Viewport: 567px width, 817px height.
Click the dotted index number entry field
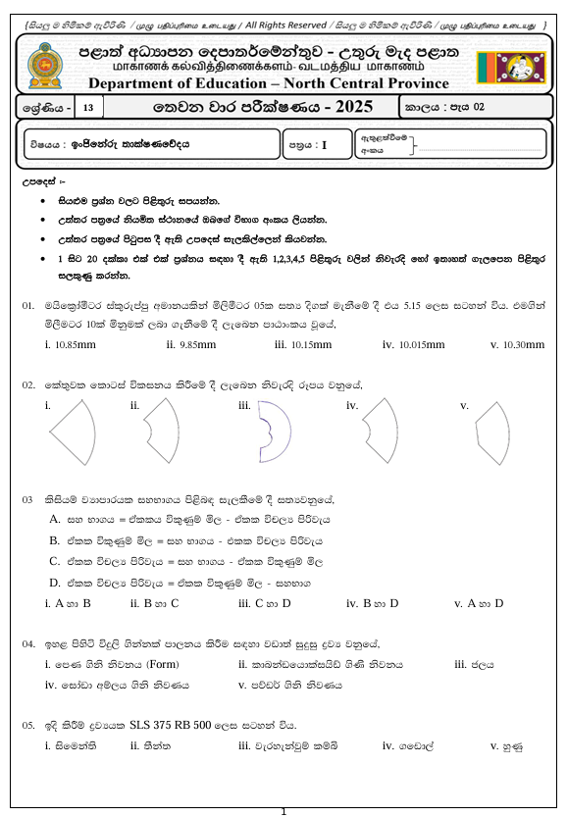480,149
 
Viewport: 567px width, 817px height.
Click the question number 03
28,499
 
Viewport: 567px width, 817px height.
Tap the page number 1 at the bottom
283,810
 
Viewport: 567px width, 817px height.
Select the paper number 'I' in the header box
324,145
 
